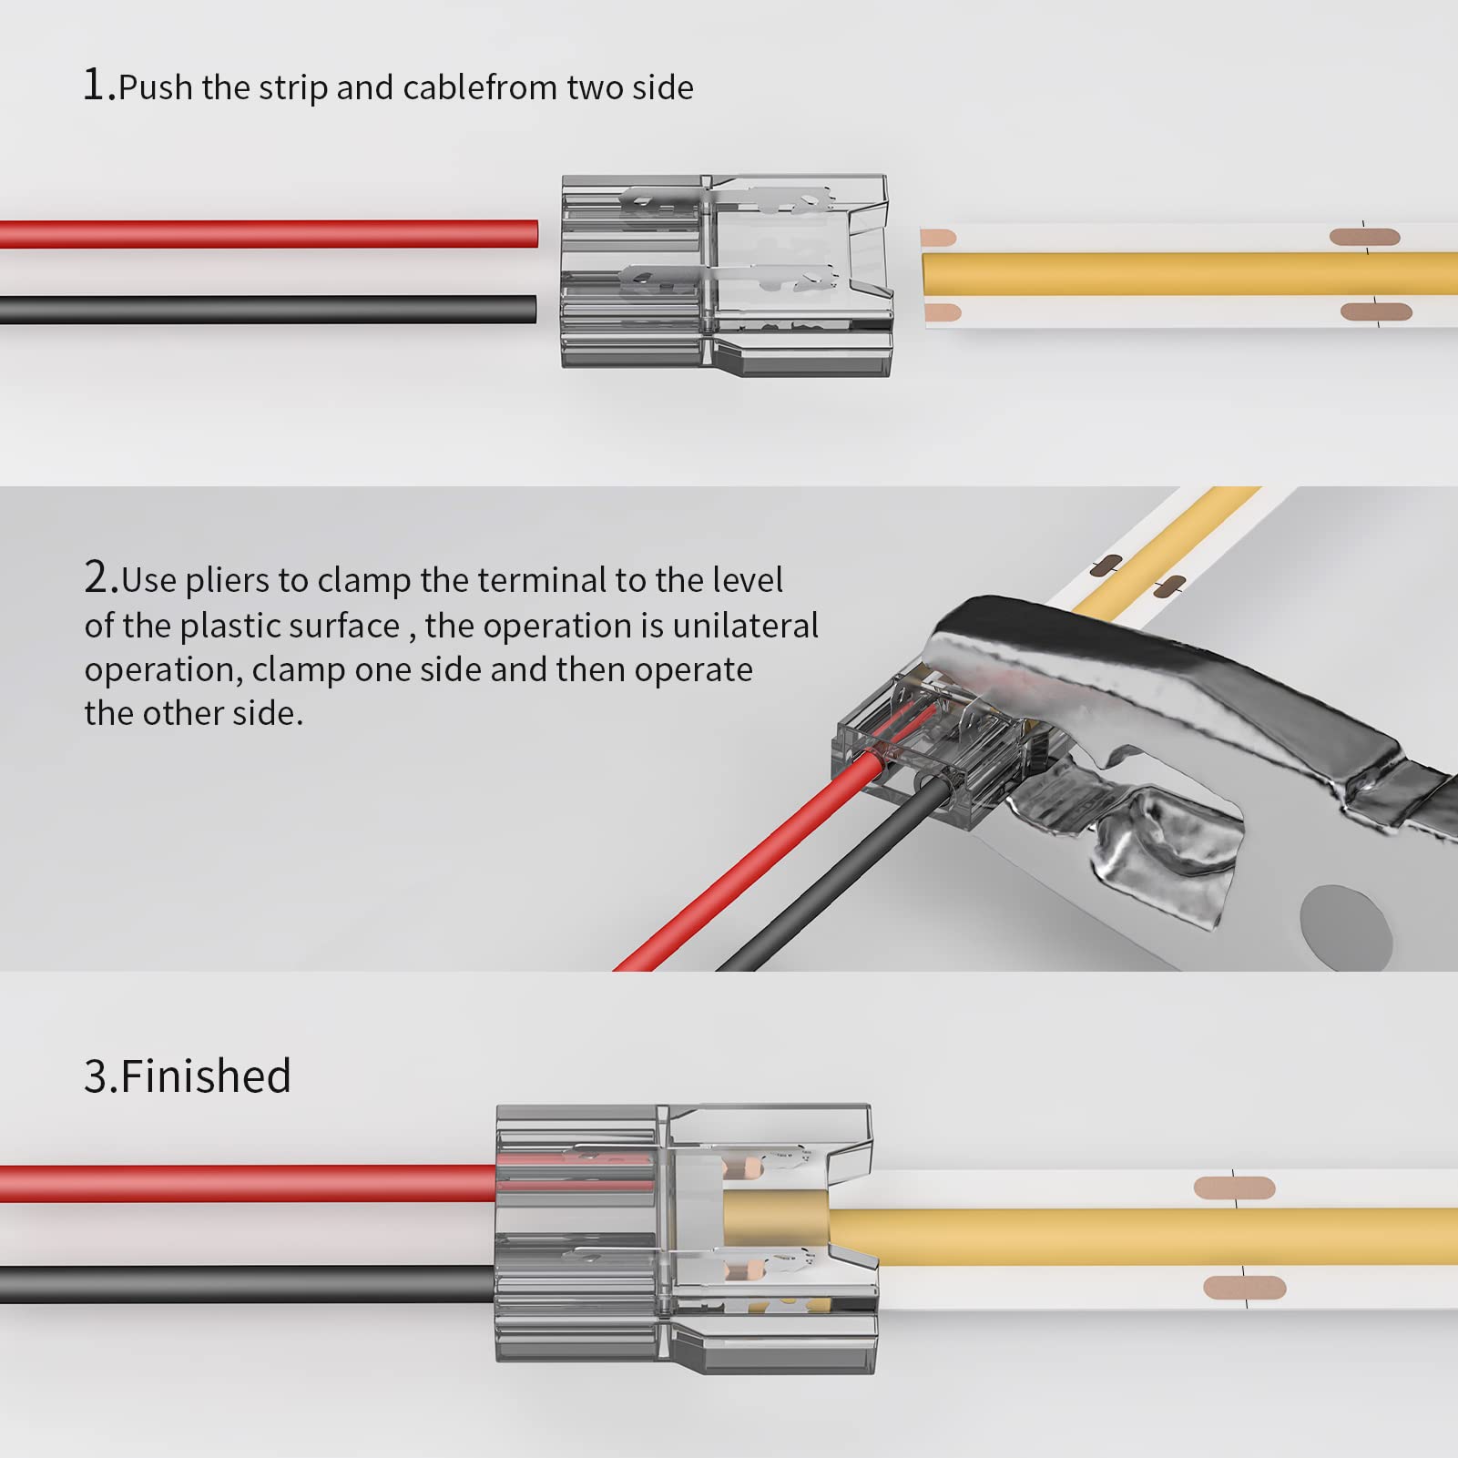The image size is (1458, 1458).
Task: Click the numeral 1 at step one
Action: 95,86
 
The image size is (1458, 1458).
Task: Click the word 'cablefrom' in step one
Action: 480,88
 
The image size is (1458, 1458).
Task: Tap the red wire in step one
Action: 273,234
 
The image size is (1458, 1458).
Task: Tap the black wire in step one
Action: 273,310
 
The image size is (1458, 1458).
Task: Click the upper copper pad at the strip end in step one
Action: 937,239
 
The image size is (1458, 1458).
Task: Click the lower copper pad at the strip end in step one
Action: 942,314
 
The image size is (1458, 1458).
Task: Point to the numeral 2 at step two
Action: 98,578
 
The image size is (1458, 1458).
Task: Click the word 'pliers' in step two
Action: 227,581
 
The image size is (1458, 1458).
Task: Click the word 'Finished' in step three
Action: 205,1076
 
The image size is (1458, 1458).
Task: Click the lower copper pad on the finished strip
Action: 1244,1288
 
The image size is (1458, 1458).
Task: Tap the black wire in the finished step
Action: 246,1284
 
